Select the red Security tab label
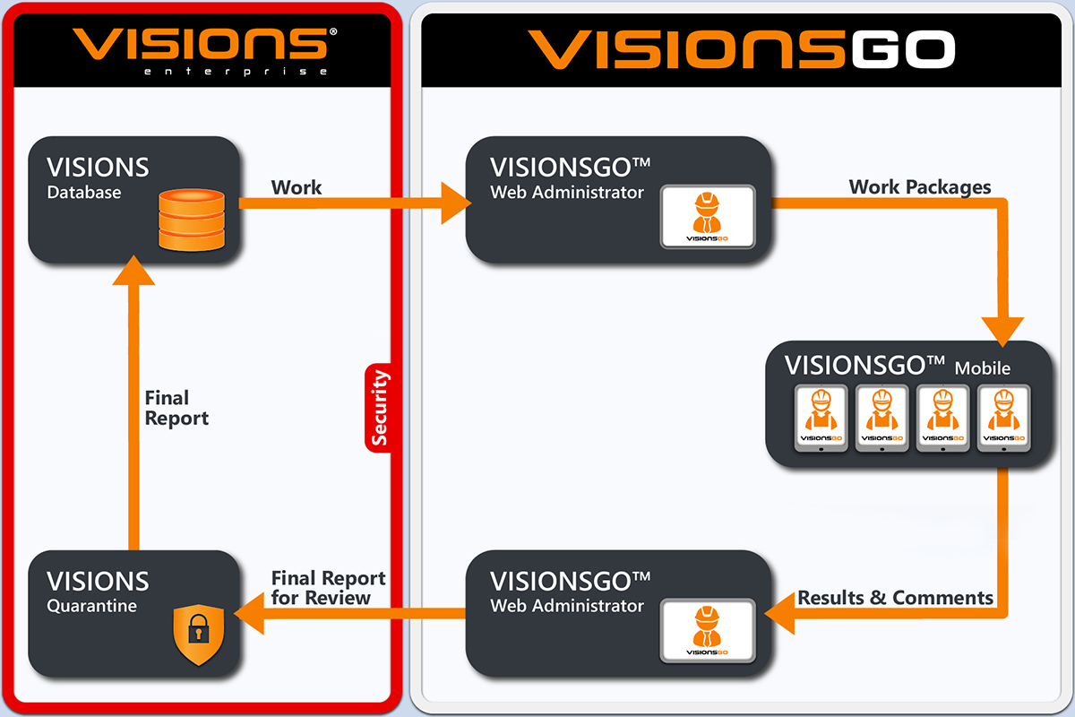380,407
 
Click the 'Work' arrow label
297,187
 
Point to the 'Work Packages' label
920,186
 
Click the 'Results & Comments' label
895,597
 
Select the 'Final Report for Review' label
328,588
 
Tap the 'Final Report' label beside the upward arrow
176,408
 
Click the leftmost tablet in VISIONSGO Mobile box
821,419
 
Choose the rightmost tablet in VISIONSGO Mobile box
1002,419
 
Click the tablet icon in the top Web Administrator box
707,216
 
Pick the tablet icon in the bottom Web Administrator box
707,630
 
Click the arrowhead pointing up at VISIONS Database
134,267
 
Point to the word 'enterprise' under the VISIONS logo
236,71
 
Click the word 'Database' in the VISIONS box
84,192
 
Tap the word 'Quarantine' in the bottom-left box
91,606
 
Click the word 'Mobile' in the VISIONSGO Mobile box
982,367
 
